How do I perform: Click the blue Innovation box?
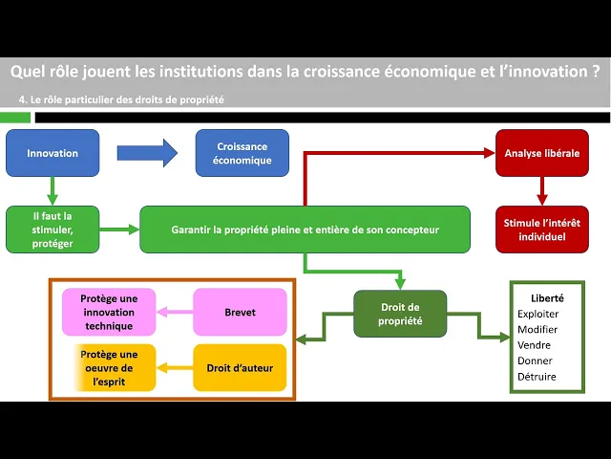(x=53, y=153)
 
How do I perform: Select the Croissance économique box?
(x=242, y=153)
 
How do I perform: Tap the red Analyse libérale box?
(x=542, y=153)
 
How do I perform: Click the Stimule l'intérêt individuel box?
(x=542, y=229)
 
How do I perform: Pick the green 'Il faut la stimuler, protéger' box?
(x=53, y=229)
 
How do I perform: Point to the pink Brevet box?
(x=240, y=312)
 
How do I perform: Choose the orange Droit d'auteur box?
(x=240, y=368)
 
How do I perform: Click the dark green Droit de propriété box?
(x=400, y=313)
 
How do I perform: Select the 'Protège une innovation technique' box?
(x=109, y=312)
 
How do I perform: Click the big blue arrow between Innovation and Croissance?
(x=147, y=152)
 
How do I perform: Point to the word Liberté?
(x=545, y=298)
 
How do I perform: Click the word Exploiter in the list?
(x=537, y=314)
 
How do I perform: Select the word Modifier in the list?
(x=537, y=329)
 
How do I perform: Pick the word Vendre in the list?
(x=535, y=344)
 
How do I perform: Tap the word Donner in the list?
(x=535, y=361)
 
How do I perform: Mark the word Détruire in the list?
(x=537, y=376)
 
